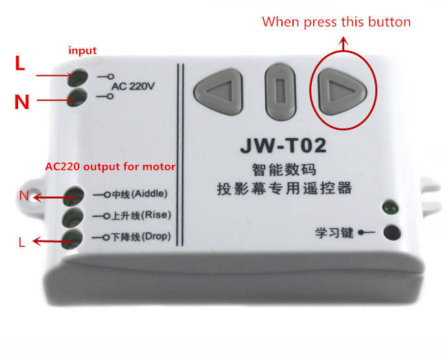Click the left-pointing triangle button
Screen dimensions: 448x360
point(219,91)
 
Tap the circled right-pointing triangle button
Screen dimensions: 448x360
point(342,91)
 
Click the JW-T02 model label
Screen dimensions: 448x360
point(283,145)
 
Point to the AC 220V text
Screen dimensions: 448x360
point(133,86)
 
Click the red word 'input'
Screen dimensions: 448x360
point(82,51)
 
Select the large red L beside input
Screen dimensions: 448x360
point(19,63)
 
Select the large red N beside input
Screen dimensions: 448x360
point(21,101)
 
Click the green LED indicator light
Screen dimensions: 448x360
point(390,207)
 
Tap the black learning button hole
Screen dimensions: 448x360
point(392,232)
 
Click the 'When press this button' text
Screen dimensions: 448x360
point(336,22)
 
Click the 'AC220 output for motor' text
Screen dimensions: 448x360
point(110,167)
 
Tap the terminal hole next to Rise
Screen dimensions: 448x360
point(73,217)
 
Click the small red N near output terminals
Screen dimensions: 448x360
point(24,196)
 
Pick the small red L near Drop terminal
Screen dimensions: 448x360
point(21,242)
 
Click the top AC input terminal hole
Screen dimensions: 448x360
point(77,77)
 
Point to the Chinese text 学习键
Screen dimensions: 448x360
point(334,233)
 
